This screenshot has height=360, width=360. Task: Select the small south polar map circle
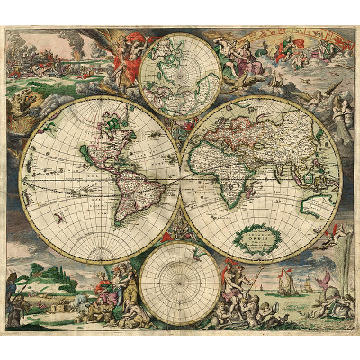pos(180,283)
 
